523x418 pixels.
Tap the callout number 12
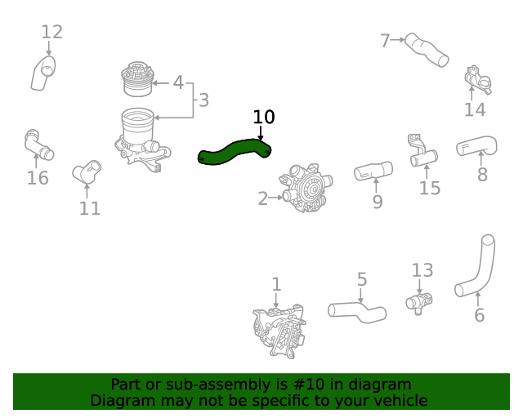click(x=51, y=33)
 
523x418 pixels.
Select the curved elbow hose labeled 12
click(x=43, y=73)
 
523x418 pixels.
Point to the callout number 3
click(x=203, y=100)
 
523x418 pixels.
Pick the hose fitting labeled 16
click(x=38, y=145)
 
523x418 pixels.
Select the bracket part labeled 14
click(x=476, y=80)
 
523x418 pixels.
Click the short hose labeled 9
click(x=373, y=171)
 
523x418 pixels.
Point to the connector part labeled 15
click(x=422, y=152)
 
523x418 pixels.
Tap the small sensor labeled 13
click(x=418, y=302)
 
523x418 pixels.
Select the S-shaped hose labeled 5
click(x=357, y=310)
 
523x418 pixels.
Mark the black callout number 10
click(x=263, y=117)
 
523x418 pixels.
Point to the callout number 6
click(x=479, y=315)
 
